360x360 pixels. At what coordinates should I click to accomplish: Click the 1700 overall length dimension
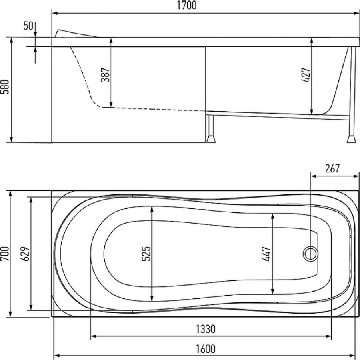pyautogui.click(x=187, y=5)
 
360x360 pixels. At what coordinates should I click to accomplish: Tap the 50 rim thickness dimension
pyautogui.click(x=28, y=26)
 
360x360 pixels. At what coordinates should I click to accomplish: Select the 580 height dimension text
pyautogui.click(x=5, y=87)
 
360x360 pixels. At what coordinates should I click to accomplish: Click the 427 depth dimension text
pyautogui.click(x=306, y=75)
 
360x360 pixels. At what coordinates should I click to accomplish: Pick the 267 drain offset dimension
pyautogui.click(x=332, y=169)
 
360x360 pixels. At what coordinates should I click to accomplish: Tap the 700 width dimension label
pyautogui.click(x=5, y=254)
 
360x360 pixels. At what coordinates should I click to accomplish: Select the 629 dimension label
pyautogui.click(x=26, y=254)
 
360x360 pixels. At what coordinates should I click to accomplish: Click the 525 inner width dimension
pyautogui.click(x=146, y=254)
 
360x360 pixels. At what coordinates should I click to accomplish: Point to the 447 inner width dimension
pyautogui.click(x=266, y=254)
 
